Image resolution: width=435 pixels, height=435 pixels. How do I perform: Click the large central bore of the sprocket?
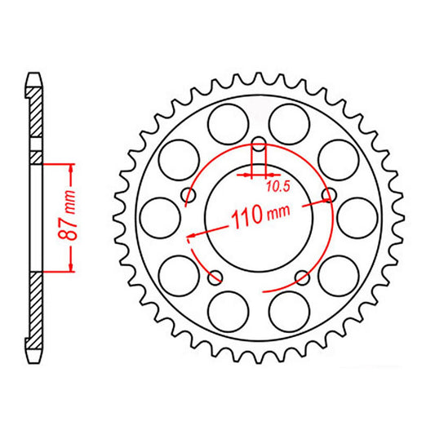259,224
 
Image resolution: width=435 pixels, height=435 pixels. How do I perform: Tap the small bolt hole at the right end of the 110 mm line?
329,194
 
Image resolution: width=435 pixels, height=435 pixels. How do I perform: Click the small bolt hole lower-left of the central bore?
215,275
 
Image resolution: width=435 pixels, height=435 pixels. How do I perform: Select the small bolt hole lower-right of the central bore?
302,275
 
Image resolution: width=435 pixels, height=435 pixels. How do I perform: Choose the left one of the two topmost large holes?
228,122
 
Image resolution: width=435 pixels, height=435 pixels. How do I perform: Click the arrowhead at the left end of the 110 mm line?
191,237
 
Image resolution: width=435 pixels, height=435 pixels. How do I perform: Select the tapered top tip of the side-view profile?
33,78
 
